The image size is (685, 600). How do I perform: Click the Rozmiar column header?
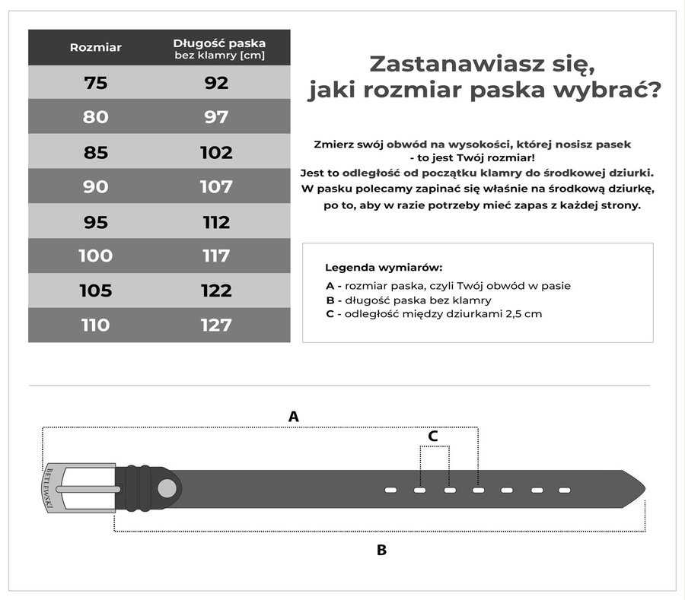(96, 47)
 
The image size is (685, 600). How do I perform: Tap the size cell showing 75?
(96, 83)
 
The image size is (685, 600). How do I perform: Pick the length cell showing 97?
(216, 117)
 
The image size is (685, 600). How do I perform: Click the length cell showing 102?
(216, 152)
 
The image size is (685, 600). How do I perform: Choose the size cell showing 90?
(96, 187)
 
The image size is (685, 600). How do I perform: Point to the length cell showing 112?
(216, 222)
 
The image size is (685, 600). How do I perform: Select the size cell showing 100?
(96, 256)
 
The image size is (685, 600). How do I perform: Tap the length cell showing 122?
(216, 290)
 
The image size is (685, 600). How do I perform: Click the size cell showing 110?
(96, 325)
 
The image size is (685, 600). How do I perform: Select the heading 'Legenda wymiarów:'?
(384, 268)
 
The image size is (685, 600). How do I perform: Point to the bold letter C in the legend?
(330, 314)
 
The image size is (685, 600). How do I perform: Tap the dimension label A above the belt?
(293, 417)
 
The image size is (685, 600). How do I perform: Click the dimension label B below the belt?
(382, 550)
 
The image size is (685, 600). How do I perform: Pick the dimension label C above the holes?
(433, 436)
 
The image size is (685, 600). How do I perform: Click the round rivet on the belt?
(166, 487)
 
